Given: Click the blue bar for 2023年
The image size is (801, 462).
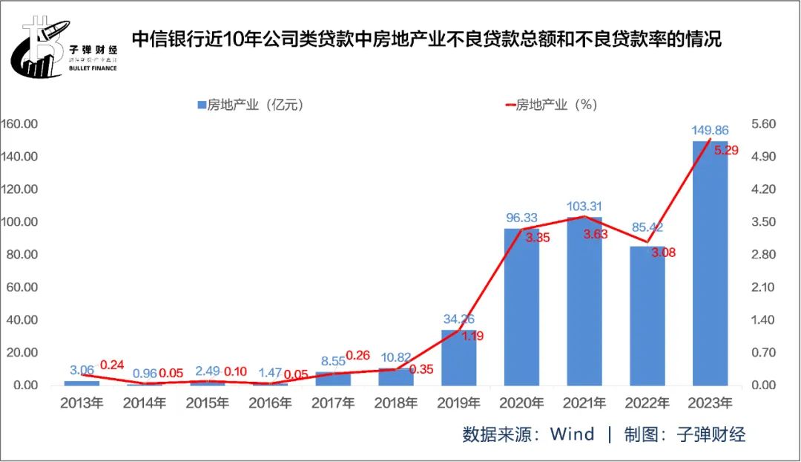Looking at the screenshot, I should click(710, 264).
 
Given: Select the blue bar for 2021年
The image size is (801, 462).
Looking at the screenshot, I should click(584, 301).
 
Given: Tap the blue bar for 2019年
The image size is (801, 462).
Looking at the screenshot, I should click(459, 357).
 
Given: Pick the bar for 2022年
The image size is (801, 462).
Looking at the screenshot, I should click(647, 316).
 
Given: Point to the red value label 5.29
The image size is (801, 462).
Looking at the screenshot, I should click(726, 151).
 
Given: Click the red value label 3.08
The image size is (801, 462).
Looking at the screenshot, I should click(664, 253).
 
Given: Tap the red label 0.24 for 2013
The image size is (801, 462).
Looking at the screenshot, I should click(111, 365).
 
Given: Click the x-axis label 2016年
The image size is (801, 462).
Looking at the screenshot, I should click(270, 403).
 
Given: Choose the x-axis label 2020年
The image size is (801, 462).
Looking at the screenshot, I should click(521, 403).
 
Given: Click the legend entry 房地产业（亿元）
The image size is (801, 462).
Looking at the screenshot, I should click(251, 105).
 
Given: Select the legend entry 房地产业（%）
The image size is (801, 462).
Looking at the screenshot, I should click(552, 105).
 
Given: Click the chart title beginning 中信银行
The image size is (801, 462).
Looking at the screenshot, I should click(426, 39).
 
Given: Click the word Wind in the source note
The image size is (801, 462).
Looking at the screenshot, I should click(572, 435).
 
